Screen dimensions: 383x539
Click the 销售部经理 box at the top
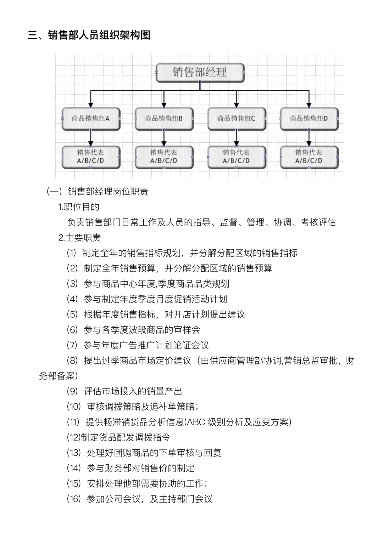200,73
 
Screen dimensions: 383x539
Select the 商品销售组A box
91,119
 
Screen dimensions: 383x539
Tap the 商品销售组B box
164,119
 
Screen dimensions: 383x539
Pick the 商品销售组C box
237,119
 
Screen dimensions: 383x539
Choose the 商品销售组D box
309,119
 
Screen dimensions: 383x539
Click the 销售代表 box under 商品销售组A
91,157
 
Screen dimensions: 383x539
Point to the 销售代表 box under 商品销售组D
309,157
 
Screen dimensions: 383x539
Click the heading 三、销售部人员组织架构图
89,35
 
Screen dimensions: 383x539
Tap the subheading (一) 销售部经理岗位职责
97,192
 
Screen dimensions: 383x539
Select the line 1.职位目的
79,207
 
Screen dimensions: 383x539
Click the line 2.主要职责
79,238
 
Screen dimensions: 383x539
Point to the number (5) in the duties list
72,314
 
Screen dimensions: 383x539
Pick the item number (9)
72,391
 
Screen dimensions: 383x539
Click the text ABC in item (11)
195,422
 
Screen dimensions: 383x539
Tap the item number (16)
74,499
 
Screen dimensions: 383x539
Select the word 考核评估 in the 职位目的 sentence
318,222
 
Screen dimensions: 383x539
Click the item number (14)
74,468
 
